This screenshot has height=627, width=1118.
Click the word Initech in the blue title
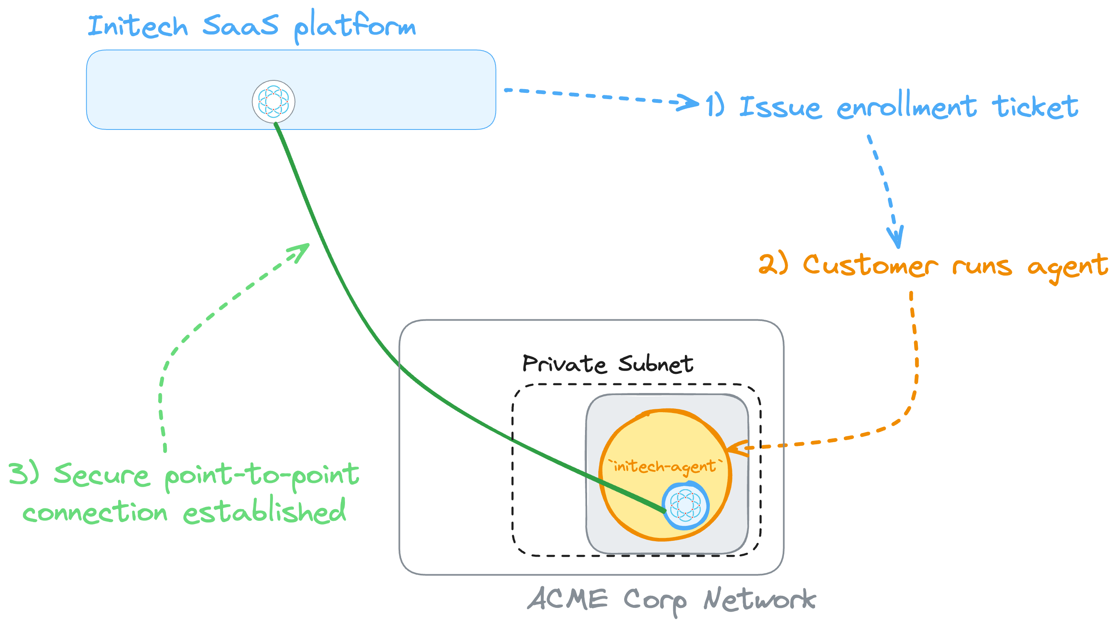pyautogui.click(x=138, y=26)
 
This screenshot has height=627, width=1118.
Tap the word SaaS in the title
pyautogui.click(x=240, y=25)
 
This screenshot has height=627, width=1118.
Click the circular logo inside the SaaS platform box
pyautogui.click(x=273, y=102)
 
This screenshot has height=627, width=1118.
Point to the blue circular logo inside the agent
pyautogui.click(x=685, y=505)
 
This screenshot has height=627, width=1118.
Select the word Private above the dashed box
pyautogui.click(x=564, y=363)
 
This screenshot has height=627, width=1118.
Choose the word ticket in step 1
pyautogui.click(x=1035, y=107)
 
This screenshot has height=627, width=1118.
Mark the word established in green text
pyautogui.click(x=264, y=512)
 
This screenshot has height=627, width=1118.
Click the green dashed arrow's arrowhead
pyautogui.click(x=301, y=251)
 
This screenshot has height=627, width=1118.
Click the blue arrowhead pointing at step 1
pyautogui.click(x=689, y=103)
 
